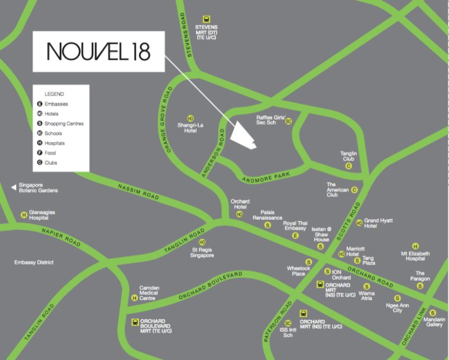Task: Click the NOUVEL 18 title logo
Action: (98, 51)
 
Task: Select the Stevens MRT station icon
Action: (207, 18)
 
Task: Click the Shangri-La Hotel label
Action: (190, 127)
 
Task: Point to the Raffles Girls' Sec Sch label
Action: (270, 120)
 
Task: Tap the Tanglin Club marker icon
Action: (348, 166)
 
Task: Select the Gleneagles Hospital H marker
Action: (24, 215)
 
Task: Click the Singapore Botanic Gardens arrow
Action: (13, 187)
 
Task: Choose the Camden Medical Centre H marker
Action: (134, 298)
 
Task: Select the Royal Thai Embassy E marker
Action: (296, 235)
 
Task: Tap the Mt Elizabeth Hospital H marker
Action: (415, 246)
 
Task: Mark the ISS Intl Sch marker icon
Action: (288, 323)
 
